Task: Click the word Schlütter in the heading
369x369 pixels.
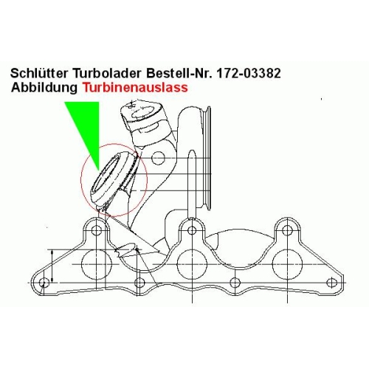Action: coord(39,73)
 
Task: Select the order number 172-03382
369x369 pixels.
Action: coord(248,73)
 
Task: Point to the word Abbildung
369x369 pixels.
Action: coord(44,87)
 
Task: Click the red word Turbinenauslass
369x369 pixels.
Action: coord(135,87)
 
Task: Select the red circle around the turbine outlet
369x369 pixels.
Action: coord(81,180)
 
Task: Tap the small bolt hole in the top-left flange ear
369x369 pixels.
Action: coord(97,230)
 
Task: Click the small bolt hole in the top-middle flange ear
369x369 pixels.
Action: coord(192,230)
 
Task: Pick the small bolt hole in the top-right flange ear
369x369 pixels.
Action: coord(287,230)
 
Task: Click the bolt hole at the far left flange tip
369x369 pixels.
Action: coord(44,283)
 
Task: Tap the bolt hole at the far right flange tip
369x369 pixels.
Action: coord(331,283)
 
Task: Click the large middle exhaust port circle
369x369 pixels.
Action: coord(192,249)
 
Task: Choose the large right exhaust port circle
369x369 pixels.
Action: coord(287,249)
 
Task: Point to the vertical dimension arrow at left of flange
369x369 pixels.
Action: coord(52,266)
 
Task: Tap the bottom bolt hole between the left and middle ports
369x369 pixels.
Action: coord(139,283)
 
